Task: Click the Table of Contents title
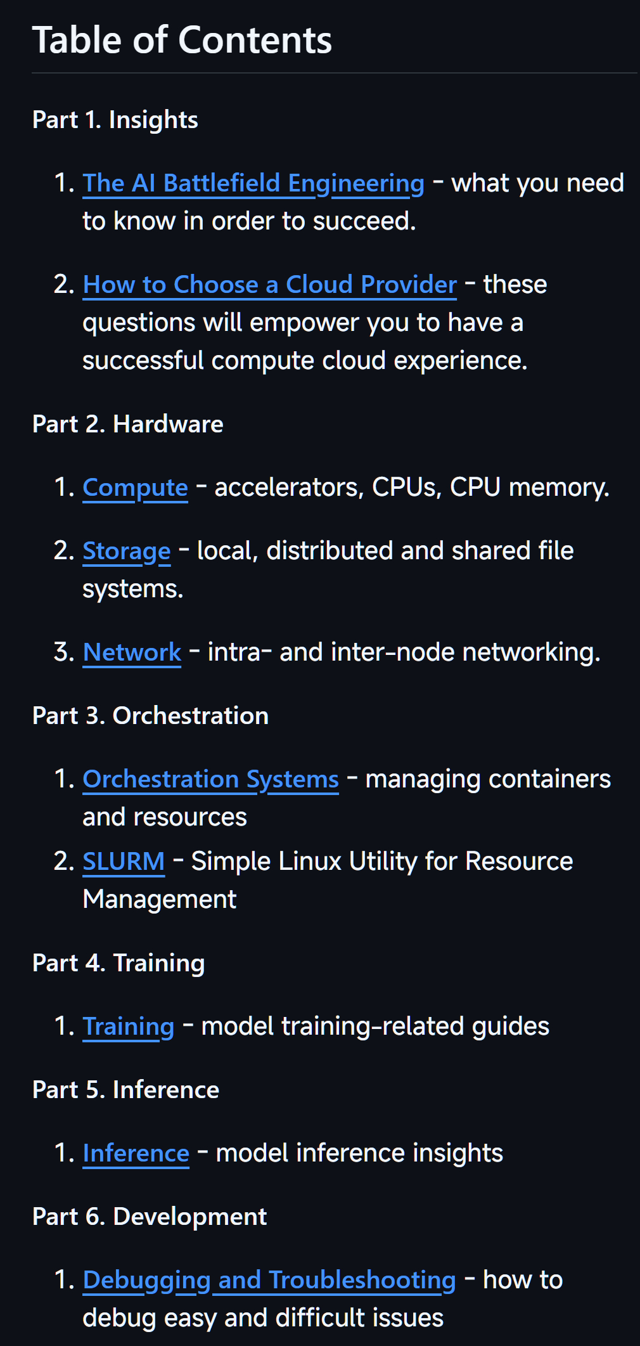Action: pos(182,41)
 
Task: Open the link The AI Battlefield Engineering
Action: pos(253,183)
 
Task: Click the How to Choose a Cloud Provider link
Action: pos(270,285)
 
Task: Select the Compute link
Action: pos(136,488)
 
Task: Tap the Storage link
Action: pos(127,551)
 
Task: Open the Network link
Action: pos(132,652)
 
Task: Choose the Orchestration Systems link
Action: pos(211,779)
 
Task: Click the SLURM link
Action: pos(124,862)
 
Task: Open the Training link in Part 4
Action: pos(129,1026)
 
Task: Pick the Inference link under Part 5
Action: pos(136,1153)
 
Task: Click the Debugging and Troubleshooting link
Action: pos(269,1280)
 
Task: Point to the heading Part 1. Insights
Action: pos(115,120)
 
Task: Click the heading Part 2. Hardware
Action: pos(128,424)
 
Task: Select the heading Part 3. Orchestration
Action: pos(151,716)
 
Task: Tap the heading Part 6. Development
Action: pos(150,1217)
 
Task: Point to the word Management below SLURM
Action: pos(160,900)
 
